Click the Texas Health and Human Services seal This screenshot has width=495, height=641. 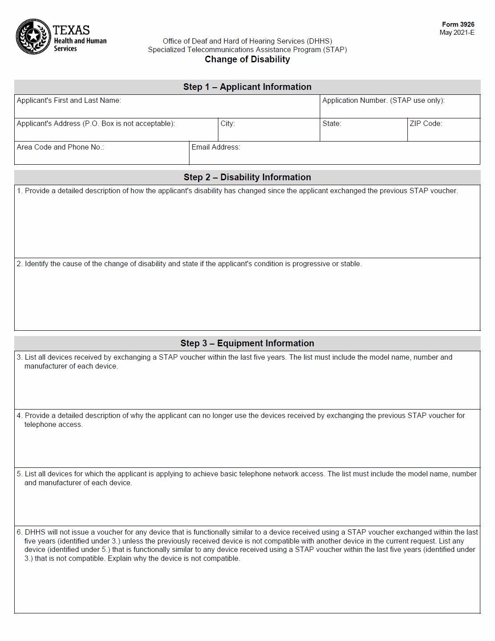[x=33, y=37]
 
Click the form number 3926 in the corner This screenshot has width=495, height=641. [x=458, y=24]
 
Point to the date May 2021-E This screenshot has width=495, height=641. [x=457, y=32]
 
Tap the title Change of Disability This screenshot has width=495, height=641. [x=247, y=60]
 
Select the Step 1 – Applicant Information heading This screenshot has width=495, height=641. [x=247, y=87]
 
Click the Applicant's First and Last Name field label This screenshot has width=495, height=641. [x=69, y=101]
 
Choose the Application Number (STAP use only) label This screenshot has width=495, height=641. [x=383, y=101]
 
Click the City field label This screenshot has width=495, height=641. [x=228, y=124]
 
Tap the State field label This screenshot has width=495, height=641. [x=332, y=124]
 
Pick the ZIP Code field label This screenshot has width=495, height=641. [x=426, y=124]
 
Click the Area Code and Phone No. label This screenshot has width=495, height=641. [x=60, y=147]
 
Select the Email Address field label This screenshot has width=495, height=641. [x=216, y=147]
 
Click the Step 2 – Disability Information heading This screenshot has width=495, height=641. [x=247, y=178]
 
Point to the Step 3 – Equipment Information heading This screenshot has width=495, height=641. [x=247, y=344]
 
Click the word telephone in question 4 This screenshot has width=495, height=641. [x=40, y=425]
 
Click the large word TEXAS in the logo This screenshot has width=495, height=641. [x=71, y=30]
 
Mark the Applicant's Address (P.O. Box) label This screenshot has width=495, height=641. [x=96, y=124]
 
